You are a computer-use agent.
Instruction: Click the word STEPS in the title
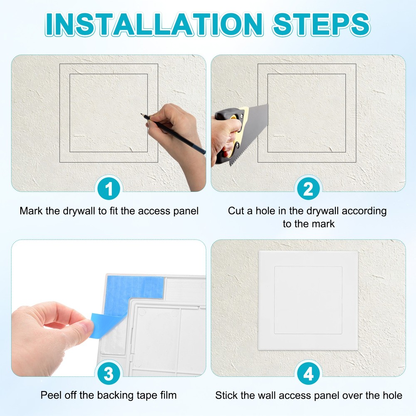321,24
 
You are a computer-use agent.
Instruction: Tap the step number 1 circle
109,190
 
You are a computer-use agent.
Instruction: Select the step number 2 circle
308,190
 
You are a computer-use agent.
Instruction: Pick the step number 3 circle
109,374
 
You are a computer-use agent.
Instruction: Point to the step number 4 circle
308,374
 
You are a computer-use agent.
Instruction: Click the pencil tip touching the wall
142,114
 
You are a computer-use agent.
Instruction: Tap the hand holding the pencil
175,125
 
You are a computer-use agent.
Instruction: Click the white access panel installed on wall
308,300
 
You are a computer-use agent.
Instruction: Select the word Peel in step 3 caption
50,395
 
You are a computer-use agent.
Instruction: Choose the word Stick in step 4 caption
226,395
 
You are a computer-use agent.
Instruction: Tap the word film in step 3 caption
167,395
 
